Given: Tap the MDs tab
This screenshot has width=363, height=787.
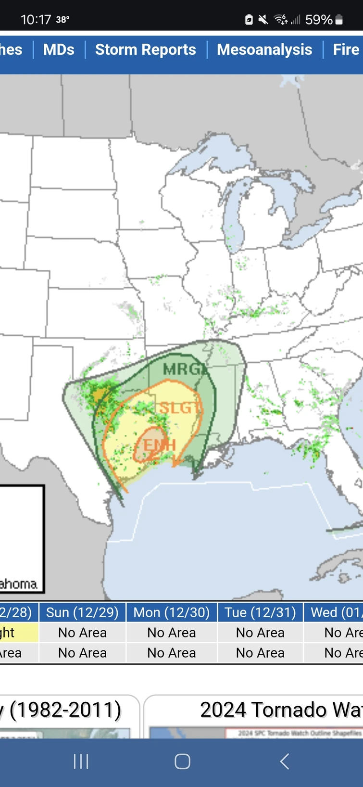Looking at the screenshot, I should tap(59, 50).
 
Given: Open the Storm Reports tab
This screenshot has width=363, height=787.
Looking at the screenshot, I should tap(145, 50).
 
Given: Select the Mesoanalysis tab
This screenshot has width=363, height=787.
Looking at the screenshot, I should tap(264, 50).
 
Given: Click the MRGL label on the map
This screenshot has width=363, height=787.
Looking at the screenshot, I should tap(184, 369).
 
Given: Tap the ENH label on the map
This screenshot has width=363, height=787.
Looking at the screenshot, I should tap(159, 444).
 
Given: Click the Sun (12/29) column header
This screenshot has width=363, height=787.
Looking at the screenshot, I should tap(82, 612).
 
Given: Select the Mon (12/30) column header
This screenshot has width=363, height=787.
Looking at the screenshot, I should tap(172, 612).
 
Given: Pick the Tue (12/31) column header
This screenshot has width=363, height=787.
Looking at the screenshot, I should tap(260, 612).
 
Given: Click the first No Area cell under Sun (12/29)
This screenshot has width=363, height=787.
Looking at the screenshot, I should tap(82, 633).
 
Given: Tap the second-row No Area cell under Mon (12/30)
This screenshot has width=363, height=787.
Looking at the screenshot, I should tap(172, 653).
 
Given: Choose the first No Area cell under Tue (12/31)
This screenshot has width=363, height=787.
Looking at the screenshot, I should tap(260, 633).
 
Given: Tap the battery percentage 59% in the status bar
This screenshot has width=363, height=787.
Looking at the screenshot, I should tap(319, 20).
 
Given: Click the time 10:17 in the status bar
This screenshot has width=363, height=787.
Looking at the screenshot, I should tap(36, 20).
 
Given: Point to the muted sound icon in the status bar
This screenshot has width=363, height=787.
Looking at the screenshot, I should tap(263, 20).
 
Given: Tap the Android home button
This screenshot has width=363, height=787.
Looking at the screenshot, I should tap(182, 762).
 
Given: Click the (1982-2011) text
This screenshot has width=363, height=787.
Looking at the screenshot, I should tap(65, 710).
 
